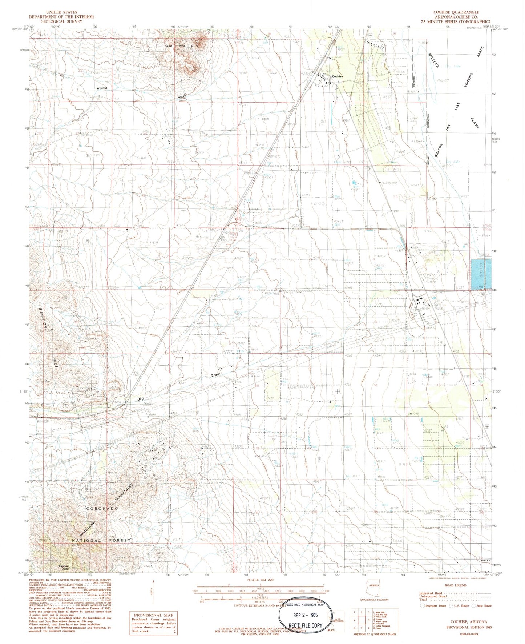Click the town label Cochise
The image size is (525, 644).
click(x=338, y=76)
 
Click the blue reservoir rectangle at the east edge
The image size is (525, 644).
click(x=481, y=274)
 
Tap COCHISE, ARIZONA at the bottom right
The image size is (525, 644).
click(x=467, y=622)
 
